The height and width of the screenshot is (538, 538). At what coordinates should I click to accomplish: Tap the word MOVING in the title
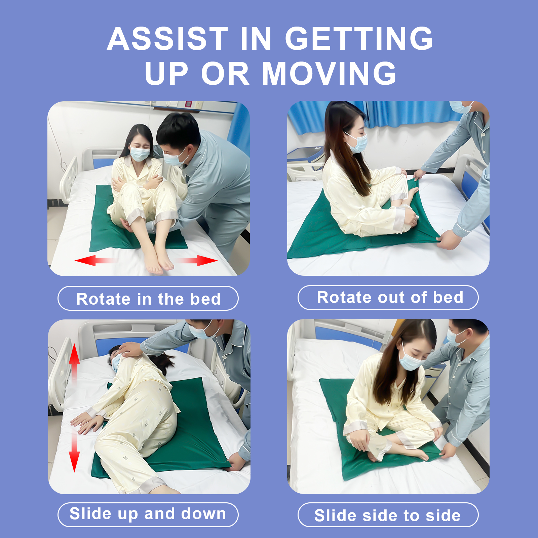pyautogui.click(x=329, y=73)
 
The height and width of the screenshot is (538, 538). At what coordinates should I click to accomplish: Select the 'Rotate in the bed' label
pyautogui.click(x=148, y=299)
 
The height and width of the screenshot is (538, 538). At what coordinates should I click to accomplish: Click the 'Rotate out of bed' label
pyautogui.click(x=388, y=298)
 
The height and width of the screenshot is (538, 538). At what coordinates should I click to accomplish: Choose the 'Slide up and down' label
pyautogui.click(x=148, y=514)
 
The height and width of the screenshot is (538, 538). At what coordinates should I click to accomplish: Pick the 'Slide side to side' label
pyautogui.click(x=388, y=515)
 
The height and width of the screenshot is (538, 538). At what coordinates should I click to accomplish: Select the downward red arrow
pyautogui.click(x=74, y=452)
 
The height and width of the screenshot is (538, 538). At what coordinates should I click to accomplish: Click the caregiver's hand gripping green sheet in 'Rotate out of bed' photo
pyautogui.click(x=449, y=239)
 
